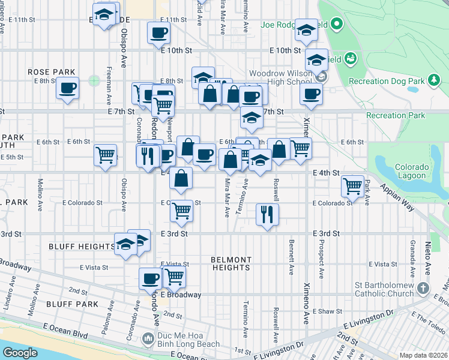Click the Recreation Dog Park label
[x=386, y=80]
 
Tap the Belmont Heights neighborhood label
[x=231, y=263]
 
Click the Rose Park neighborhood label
[x=52, y=72]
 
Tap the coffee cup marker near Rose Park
[x=67, y=88]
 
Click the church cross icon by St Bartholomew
[x=424, y=289]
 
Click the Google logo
[x=20, y=353]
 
